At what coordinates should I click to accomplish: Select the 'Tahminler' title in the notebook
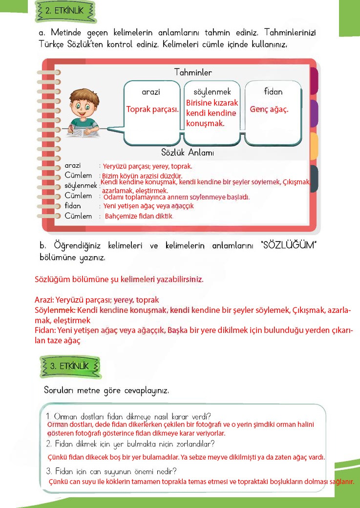point(193,72)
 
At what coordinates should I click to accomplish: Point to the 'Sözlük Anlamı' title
point(188,153)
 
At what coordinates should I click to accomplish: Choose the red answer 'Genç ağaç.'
point(269,109)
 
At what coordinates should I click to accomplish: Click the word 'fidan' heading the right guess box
point(273,92)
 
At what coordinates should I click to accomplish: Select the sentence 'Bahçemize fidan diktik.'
point(139,216)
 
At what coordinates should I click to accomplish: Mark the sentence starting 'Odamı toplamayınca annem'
point(176,198)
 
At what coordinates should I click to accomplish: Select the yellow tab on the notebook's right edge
point(314,146)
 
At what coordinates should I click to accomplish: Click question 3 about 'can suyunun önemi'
point(111,471)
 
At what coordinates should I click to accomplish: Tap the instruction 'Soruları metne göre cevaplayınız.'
point(106,391)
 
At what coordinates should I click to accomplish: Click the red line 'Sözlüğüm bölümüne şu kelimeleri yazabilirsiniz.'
point(119,280)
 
